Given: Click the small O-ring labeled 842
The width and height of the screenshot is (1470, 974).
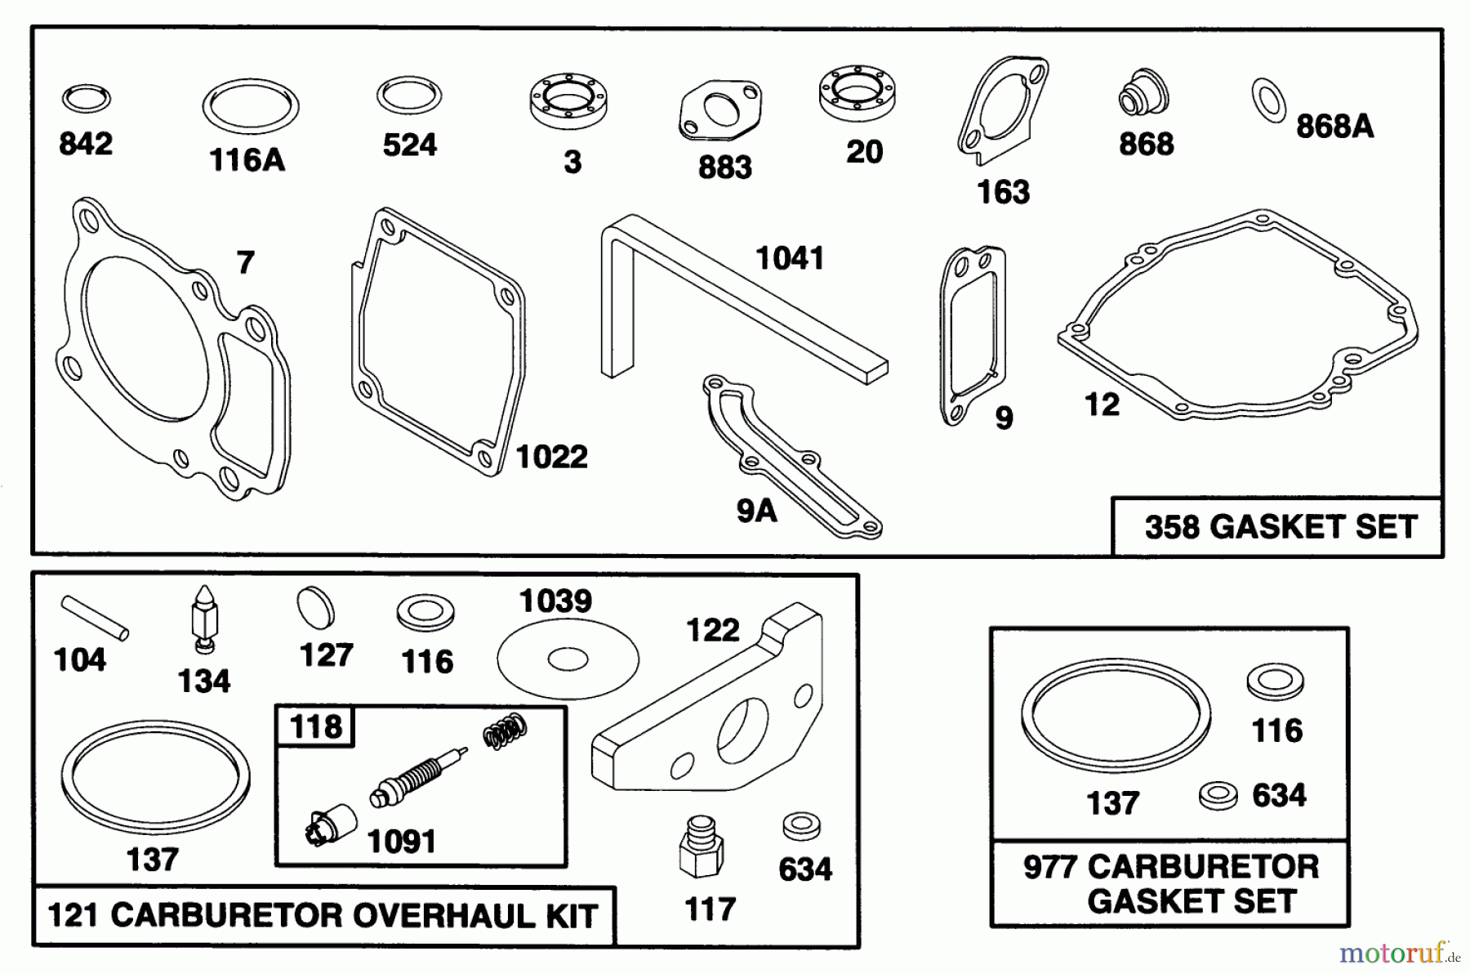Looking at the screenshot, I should click(x=86, y=99).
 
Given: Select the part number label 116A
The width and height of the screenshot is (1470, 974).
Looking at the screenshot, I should click(x=247, y=160).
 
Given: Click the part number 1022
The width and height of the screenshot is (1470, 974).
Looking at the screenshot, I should click(x=552, y=457).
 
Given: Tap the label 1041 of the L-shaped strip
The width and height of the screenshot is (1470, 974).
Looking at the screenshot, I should click(x=790, y=259).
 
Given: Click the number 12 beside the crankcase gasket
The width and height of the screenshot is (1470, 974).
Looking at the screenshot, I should click(x=1102, y=404).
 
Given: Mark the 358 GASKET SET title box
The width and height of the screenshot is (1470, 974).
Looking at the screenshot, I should click(x=1279, y=527).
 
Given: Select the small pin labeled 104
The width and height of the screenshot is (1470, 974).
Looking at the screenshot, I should click(x=95, y=617).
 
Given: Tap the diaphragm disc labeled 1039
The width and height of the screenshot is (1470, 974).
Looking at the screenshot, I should click(x=568, y=657).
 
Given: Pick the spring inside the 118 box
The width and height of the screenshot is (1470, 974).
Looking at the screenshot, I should click(x=505, y=730).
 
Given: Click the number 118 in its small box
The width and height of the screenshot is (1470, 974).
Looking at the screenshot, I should click(x=316, y=726).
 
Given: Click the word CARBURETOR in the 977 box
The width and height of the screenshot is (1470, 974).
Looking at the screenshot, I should click(x=1203, y=866).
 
